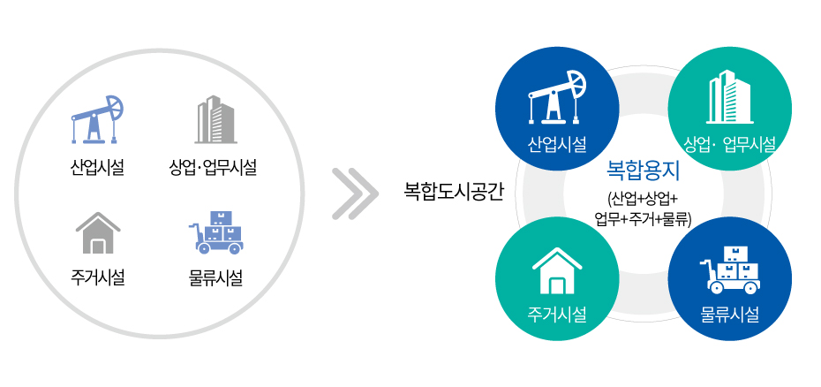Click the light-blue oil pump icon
(x=97, y=119)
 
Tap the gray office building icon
(x=215, y=119)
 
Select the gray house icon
(x=98, y=233)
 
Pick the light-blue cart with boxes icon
(x=215, y=233)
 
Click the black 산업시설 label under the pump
(x=97, y=169)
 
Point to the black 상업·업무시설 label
(x=213, y=169)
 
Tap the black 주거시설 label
(x=98, y=277)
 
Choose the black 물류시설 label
(x=215, y=277)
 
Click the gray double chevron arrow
(x=355, y=193)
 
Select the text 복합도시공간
(x=454, y=192)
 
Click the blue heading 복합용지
(x=643, y=171)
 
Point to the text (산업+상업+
(x=643, y=199)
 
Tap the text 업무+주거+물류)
(x=644, y=218)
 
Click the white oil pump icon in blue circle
(x=557, y=97)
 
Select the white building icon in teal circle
(x=729, y=97)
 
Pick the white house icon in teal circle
(x=557, y=270)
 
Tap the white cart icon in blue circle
(x=730, y=269)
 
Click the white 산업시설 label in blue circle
(x=557, y=144)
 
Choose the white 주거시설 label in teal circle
(x=557, y=315)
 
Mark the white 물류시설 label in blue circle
(x=730, y=315)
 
